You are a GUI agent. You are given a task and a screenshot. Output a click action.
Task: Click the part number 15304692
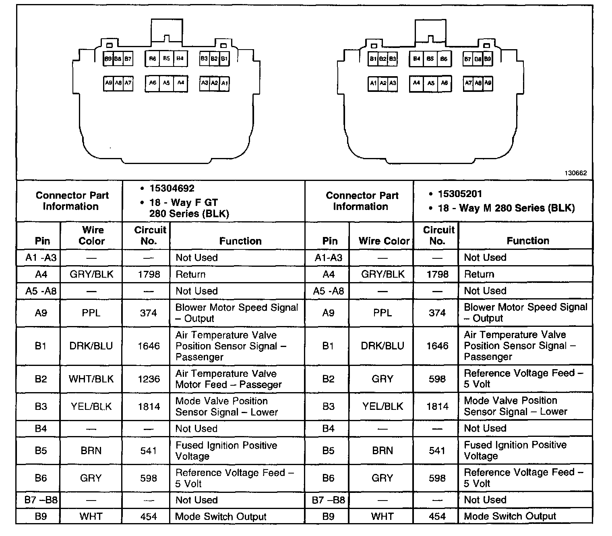tap(172, 189)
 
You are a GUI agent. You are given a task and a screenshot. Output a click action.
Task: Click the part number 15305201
tap(460, 194)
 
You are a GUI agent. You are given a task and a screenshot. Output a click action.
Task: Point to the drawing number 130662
tap(575, 173)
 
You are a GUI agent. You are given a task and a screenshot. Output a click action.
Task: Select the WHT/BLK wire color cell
tap(91, 379)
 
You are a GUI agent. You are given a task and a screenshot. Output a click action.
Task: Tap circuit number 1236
tap(149, 379)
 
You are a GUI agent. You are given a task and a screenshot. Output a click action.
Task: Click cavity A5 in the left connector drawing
tap(166, 83)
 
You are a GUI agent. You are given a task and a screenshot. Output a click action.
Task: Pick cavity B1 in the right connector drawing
tap(373, 59)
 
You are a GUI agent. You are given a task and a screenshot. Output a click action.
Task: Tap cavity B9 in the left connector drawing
tap(108, 59)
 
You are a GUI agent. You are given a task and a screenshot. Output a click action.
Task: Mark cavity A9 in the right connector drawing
tap(488, 83)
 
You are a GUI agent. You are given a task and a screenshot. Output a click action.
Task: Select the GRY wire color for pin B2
tap(382, 379)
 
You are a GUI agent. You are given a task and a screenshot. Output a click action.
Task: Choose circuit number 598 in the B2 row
tap(437, 379)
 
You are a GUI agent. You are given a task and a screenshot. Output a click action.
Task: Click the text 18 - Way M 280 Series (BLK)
tap(506, 208)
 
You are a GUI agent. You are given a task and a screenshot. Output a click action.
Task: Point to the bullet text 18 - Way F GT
tap(184, 202)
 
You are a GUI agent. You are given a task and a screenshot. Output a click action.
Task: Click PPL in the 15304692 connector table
tap(91, 313)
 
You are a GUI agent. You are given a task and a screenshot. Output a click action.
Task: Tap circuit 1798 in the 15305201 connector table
tap(437, 274)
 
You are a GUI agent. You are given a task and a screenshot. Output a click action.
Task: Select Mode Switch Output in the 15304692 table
tap(221, 517)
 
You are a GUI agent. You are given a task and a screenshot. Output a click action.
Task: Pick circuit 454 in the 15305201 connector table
tap(437, 516)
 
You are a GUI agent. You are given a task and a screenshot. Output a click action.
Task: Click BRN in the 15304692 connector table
tap(91, 451)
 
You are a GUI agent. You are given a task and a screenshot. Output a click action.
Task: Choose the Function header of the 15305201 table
tap(527, 241)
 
